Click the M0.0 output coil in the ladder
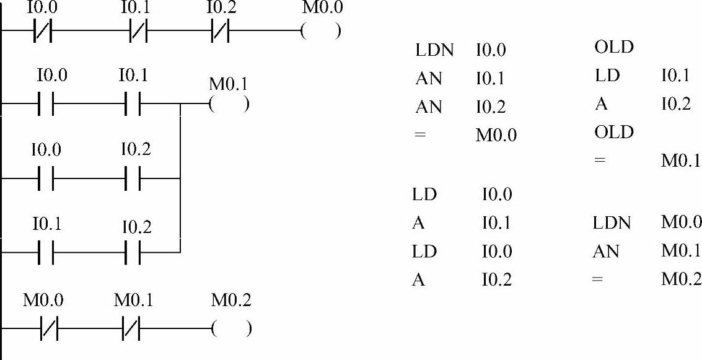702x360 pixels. click(320, 32)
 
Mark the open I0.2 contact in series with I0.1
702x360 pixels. click(133, 252)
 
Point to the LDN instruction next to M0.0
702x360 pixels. click(612, 223)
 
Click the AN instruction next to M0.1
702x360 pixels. click(605, 252)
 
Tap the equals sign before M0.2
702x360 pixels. click(598, 280)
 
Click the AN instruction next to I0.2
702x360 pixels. click(429, 107)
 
